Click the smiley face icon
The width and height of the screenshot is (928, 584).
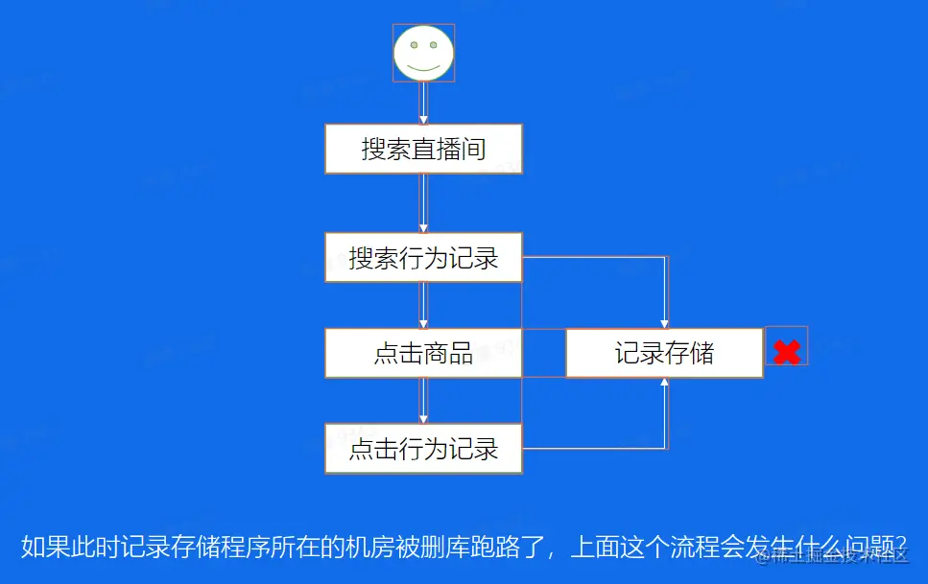tap(423, 53)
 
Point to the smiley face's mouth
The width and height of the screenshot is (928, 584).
tap(423, 66)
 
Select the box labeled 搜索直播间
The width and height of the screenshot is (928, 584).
tap(423, 149)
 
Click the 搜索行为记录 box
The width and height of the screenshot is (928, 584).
tap(423, 257)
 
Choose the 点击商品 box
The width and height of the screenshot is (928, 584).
tap(423, 353)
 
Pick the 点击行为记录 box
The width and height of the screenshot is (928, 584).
tap(423, 448)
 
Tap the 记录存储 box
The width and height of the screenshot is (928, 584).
tap(664, 353)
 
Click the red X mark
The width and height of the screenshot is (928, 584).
tap(787, 352)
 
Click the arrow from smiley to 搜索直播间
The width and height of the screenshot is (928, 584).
tap(423, 103)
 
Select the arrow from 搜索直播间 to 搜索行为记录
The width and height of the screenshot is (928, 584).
tap(423, 203)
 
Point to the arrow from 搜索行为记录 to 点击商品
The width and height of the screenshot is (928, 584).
tap(423, 305)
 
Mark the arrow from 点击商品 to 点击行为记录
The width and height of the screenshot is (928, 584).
tap(423, 400)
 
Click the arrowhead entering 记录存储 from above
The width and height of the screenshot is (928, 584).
tap(664, 323)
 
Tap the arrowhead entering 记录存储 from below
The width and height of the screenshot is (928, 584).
tap(664, 383)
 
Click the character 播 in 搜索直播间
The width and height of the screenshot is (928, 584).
tap(448, 149)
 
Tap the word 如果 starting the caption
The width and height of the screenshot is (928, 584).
tap(44, 549)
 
